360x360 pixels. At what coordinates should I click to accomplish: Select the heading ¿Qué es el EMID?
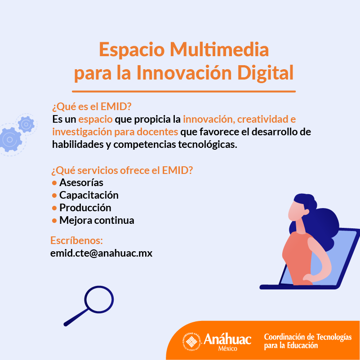pos(91,107)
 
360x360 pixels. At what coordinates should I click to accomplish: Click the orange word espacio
pos(95,120)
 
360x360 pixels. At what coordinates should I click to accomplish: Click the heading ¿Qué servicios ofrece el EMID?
pos(122,170)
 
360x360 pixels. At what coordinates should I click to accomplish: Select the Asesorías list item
pos(81,182)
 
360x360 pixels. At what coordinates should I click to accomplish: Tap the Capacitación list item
pos(89,195)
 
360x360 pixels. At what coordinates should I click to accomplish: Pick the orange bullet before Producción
pos(54,208)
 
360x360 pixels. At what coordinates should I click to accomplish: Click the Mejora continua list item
pos(96,220)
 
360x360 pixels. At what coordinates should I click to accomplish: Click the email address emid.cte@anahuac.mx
pos(101,253)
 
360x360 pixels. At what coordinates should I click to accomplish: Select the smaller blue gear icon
pos(25,123)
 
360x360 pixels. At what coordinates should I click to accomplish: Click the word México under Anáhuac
pos(228,349)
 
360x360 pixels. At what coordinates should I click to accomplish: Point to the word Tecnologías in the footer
pos(333,337)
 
